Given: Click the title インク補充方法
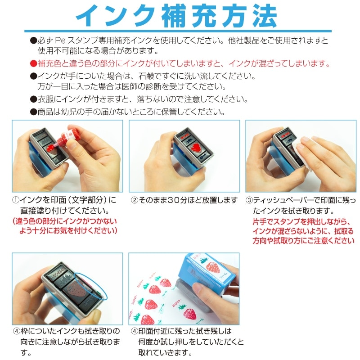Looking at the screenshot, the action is [x=176, y=16].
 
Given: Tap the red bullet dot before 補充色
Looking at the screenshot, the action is [x=33, y=63].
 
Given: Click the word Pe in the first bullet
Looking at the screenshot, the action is [x=60, y=40].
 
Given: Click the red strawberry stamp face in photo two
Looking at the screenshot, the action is [x=196, y=148].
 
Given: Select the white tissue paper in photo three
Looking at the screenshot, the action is [x=301, y=150].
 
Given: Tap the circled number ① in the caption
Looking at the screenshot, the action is [x=16, y=200].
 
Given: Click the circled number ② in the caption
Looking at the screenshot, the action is [x=134, y=200].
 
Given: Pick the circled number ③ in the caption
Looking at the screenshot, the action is [x=249, y=200].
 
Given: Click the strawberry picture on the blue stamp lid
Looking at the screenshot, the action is [x=212, y=266].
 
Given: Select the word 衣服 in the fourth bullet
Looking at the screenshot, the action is [x=45, y=99].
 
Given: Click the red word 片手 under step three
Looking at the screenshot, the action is [x=260, y=222].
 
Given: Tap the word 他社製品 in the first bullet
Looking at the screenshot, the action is [x=243, y=40].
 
